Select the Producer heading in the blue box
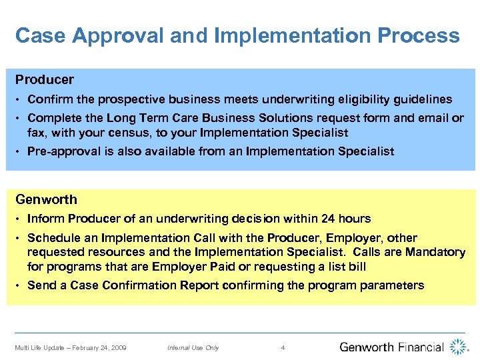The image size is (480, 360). point(45,80)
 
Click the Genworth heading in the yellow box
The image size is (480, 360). point(47,199)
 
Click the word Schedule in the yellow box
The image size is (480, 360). point(53,238)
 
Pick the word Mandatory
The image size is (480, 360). point(432,252)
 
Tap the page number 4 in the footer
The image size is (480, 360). point(283,347)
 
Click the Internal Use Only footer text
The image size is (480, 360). point(193,347)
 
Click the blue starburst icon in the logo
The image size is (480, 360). point(458,347)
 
